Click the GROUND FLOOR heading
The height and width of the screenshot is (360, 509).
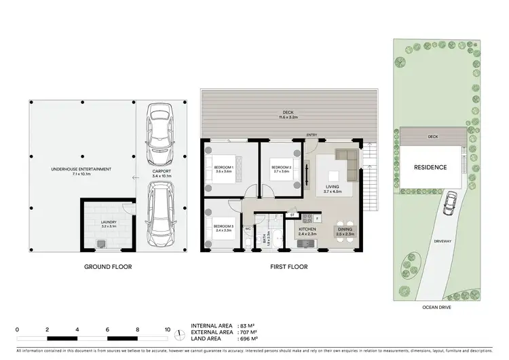tap(109, 267)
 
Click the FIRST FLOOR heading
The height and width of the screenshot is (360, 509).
tap(288, 267)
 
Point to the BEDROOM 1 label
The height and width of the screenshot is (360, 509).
tap(223, 168)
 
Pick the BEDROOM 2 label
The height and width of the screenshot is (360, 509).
tap(281, 168)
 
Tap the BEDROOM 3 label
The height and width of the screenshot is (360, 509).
tap(223, 228)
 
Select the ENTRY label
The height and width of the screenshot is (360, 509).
tap(313, 135)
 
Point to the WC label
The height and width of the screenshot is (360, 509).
tap(248, 229)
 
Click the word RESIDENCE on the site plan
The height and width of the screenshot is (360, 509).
tap(431, 167)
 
